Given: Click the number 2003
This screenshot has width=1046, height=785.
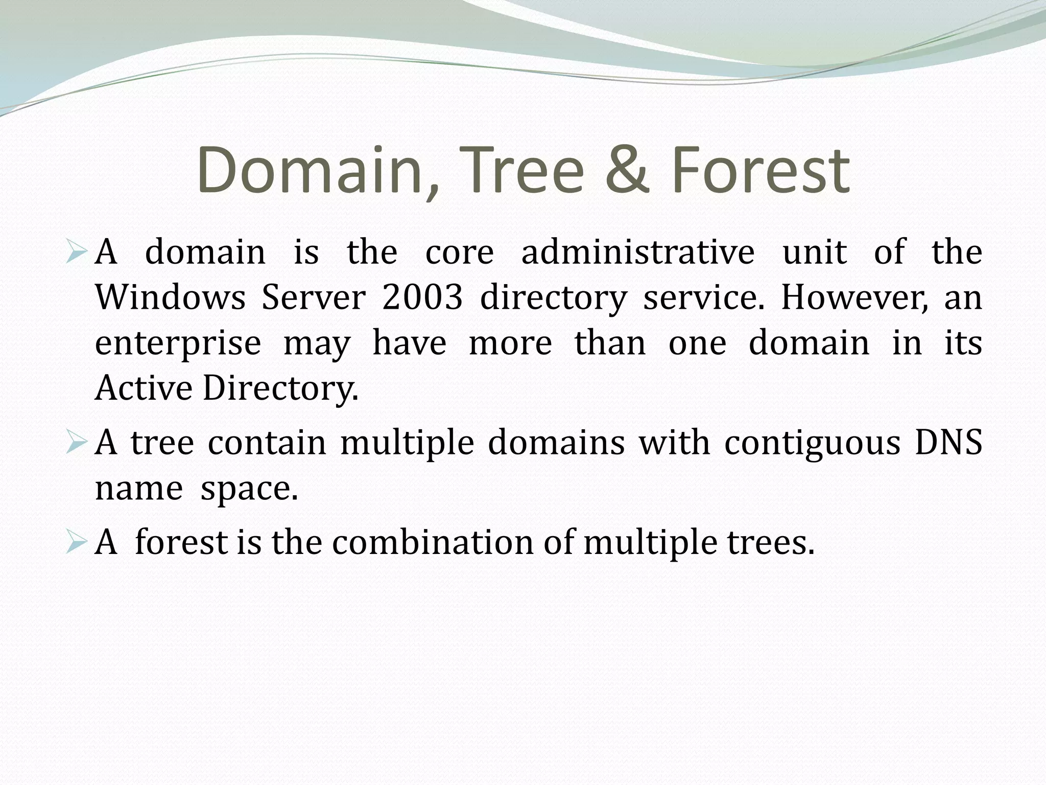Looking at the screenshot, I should click(422, 297).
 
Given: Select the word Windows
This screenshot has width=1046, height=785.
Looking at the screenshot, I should click(171, 297).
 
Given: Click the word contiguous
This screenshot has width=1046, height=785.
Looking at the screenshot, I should click(812, 443).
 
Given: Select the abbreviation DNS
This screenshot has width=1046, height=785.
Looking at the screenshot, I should click(948, 443).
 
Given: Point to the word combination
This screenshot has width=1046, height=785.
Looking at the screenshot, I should click(432, 543).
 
